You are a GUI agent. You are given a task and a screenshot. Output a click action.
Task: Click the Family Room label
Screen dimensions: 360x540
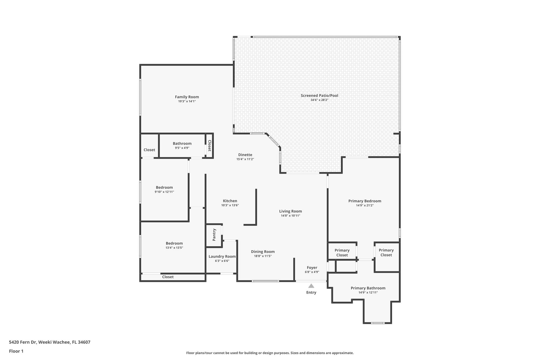[x=187, y=97]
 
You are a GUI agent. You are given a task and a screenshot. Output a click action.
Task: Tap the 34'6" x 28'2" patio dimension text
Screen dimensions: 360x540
[x=319, y=100]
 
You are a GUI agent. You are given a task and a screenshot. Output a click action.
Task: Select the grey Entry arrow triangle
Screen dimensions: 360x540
[x=311, y=286]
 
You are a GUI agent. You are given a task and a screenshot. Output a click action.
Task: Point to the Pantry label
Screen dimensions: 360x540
[x=214, y=234]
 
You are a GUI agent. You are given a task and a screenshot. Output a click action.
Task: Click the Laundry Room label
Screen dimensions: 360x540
[x=222, y=256]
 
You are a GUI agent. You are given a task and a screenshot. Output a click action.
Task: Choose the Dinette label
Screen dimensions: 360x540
[x=245, y=155]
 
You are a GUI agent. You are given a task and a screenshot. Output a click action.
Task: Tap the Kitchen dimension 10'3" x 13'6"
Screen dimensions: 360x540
[x=230, y=205]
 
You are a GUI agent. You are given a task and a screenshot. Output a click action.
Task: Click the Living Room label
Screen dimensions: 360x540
[x=290, y=211]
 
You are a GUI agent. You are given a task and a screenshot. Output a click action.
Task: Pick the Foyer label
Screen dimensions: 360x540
[x=312, y=267]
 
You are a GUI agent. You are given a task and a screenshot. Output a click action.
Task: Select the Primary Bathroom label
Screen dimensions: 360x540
[x=368, y=288]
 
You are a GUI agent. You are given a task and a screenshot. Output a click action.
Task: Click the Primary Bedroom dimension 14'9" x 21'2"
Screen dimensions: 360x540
[x=365, y=205]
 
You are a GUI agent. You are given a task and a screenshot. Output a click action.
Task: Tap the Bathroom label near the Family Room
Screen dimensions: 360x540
[x=182, y=143]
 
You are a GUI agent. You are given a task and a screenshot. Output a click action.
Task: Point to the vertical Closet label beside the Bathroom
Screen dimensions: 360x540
[x=209, y=146]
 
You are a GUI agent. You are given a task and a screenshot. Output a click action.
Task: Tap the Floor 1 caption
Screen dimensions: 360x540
[x=16, y=351]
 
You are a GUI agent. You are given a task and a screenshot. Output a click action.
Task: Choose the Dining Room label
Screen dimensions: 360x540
[x=263, y=252]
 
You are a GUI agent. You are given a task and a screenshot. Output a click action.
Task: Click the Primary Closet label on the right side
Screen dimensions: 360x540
[x=386, y=252]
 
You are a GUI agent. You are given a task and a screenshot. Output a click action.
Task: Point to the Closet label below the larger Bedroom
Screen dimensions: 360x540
[x=168, y=277]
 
